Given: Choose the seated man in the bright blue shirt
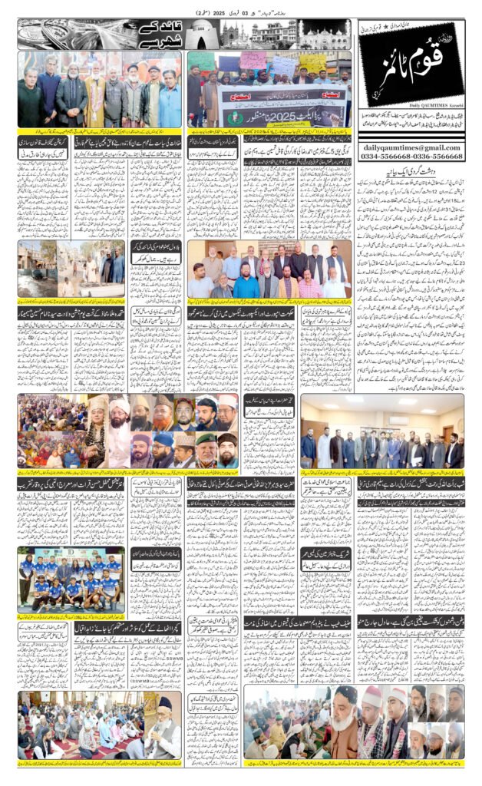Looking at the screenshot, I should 246,289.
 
